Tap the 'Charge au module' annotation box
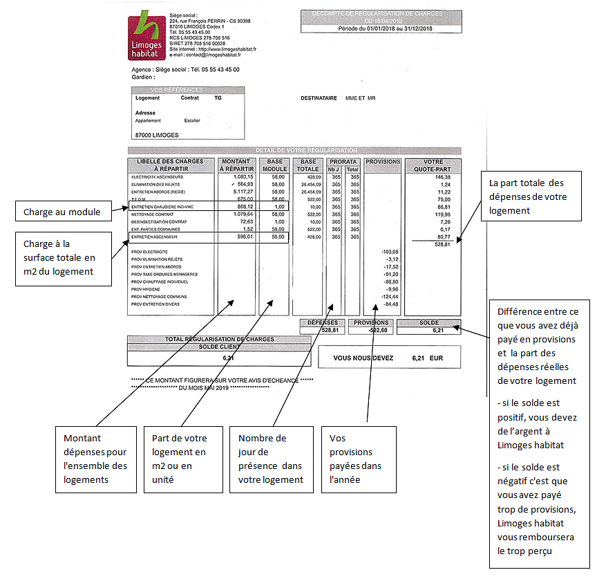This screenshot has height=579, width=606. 64,212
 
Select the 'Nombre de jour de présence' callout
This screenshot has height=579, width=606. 271,459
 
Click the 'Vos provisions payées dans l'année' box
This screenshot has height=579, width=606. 359,459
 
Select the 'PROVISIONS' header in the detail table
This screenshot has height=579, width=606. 383,162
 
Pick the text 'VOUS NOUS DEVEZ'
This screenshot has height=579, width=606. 363,358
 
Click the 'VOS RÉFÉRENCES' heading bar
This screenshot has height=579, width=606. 177,90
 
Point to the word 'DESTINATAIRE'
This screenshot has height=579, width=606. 319,98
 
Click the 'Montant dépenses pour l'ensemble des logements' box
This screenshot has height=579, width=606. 95,459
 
